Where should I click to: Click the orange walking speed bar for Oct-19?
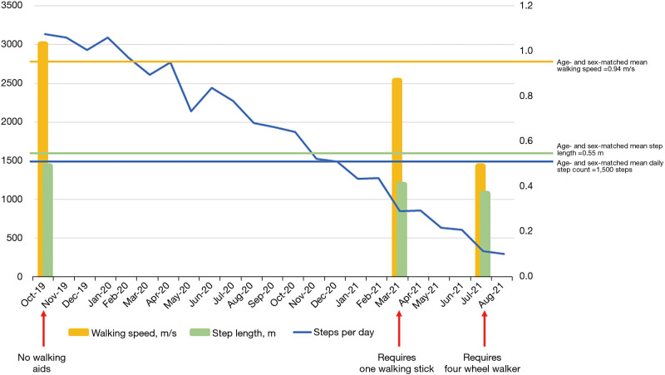(42, 158)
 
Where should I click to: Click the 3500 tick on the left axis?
(14, 6)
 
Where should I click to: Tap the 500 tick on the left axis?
(17, 238)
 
